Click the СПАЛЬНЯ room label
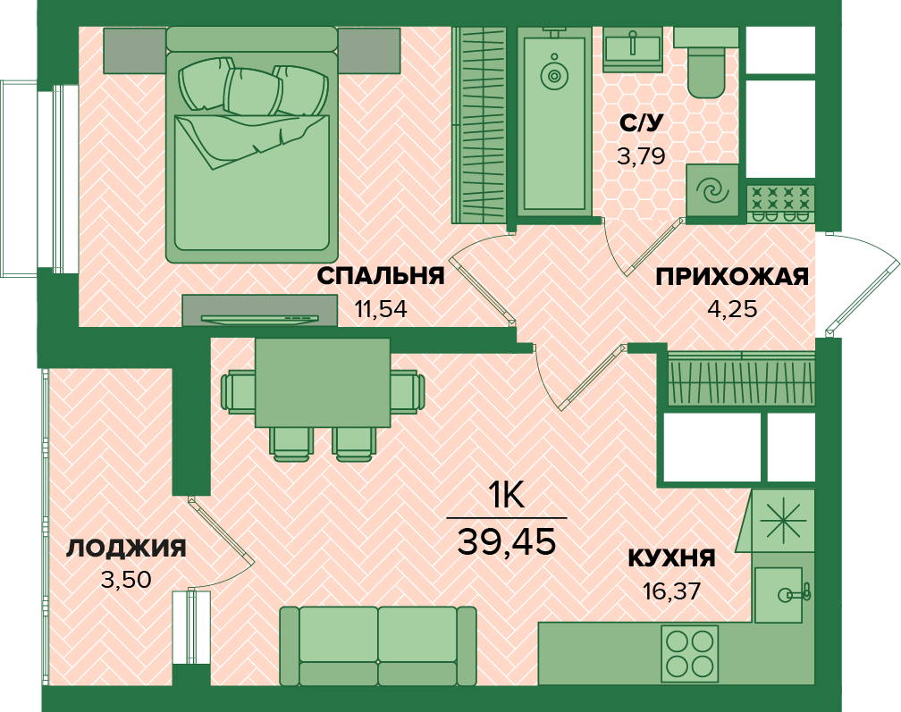(x=381, y=276)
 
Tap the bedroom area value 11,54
(x=381, y=309)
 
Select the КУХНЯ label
(x=672, y=558)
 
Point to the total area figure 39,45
(x=507, y=541)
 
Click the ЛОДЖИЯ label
(x=126, y=549)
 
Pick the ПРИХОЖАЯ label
(x=732, y=277)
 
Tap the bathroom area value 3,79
(x=641, y=155)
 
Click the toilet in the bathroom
(x=706, y=63)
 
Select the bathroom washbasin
(x=632, y=49)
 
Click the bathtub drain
(x=554, y=75)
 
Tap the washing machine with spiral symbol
(x=712, y=190)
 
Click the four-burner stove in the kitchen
(x=689, y=653)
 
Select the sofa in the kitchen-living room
(x=378, y=646)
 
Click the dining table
(x=323, y=382)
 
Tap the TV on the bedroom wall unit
(x=260, y=319)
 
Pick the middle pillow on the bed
(x=253, y=91)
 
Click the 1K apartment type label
(x=506, y=495)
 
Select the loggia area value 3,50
(x=126, y=580)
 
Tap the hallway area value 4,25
(x=732, y=309)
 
